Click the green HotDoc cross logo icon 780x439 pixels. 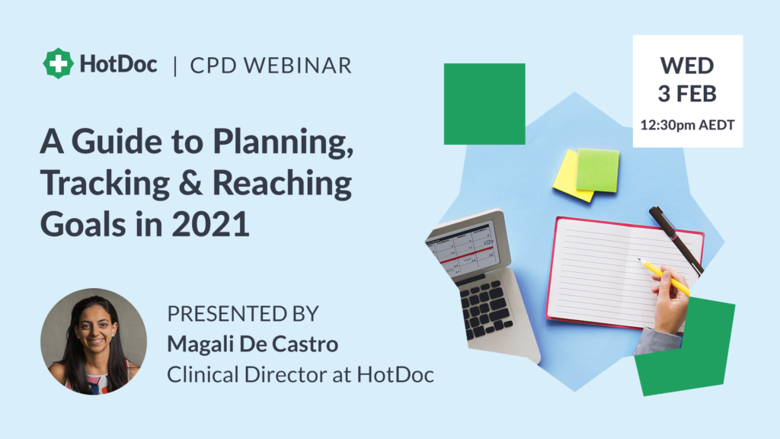pyautogui.click(x=58, y=63)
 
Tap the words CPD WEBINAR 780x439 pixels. pyautogui.click(x=270, y=66)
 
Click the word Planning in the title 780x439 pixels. pyautogui.click(x=283, y=143)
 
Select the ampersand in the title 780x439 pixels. pyautogui.click(x=190, y=183)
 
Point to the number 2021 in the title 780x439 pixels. pyautogui.click(x=210, y=225)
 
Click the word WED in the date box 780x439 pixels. pyautogui.click(x=687, y=66)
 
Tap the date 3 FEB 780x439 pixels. pyautogui.click(x=687, y=94)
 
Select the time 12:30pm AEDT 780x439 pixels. pyautogui.click(x=687, y=125)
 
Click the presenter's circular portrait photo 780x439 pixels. pyautogui.click(x=94, y=341)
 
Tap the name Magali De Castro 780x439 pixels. pyautogui.click(x=253, y=344)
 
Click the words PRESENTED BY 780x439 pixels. pyautogui.click(x=243, y=313)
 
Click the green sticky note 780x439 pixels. pyautogui.click(x=598, y=170)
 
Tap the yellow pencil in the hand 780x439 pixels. pyautogui.click(x=664, y=277)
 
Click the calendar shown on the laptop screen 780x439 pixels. pyautogui.click(x=464, y=250)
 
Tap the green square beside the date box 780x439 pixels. pyautogui.click(x=484, y=104)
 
